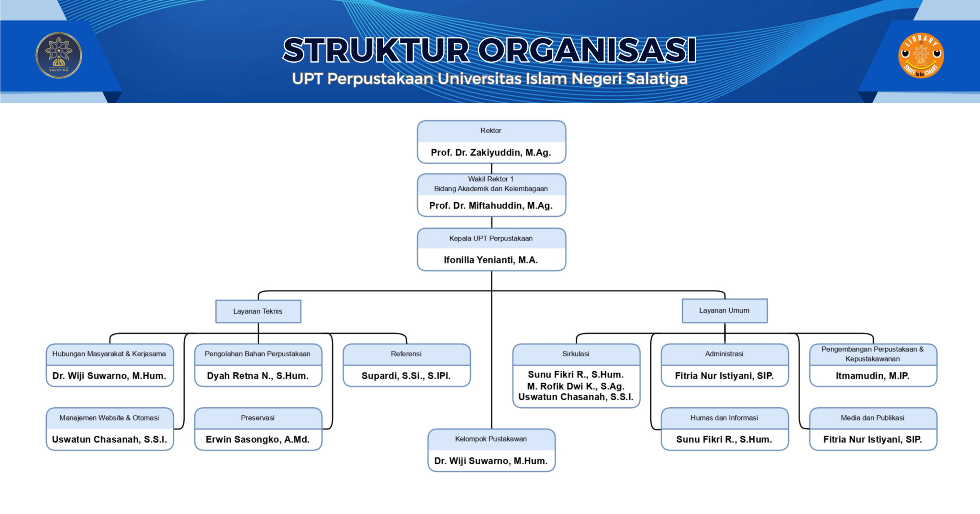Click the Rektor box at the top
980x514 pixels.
[x=491, y=131]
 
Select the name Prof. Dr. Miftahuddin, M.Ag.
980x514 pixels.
[x=491, y=206]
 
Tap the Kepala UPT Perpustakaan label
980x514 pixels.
[x=491, y=239]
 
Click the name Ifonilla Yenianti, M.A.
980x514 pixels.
[x=491, y=260]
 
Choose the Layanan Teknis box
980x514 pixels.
[x=258, y=311]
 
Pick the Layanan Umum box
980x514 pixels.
[x=724, y=311]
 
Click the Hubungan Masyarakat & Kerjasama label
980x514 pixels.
[x=109, y=354]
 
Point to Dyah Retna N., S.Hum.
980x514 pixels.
[x=258, y=376]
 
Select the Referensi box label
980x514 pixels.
[x=406, y=354]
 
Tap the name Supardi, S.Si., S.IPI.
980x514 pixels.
[x=406, y=376]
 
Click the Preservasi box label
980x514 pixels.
[x=258, y=418]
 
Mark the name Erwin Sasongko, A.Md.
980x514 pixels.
[x=258, y=440]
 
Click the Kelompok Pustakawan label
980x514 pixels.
[x=491, y=439]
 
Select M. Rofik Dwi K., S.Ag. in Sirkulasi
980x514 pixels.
[x=576, y=386]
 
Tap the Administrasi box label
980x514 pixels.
[x=724, y=354]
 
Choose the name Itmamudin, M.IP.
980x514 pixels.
[x=873, y=376]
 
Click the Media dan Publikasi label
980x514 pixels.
[x=873, y=418]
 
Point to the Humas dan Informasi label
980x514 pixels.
[x=724, y=418]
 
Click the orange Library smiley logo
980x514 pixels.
[x=921, y=56]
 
